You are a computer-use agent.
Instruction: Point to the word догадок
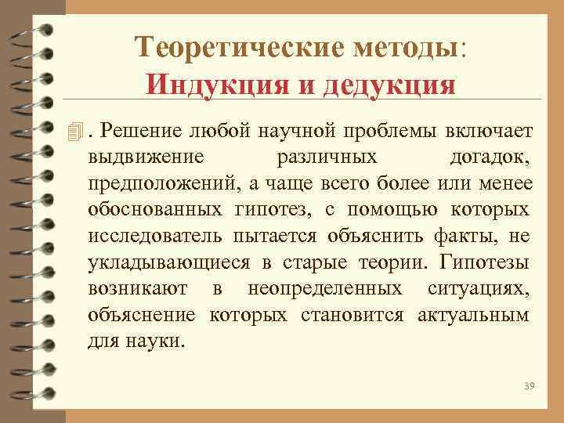click(x=491, y=156)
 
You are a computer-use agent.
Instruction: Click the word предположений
click(x=159, y=183)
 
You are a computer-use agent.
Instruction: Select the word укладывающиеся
click(x=158, y=262)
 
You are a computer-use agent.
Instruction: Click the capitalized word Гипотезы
click(x=486, y=262)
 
